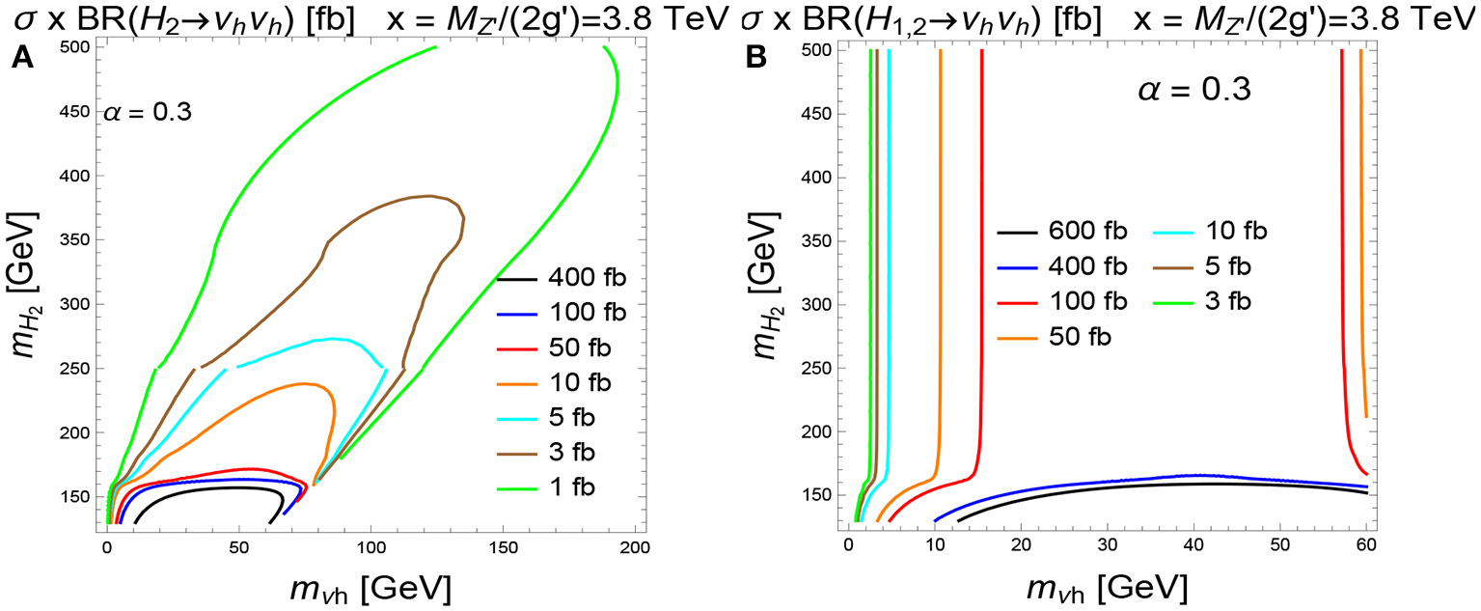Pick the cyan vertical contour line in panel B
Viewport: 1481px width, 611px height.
click(889, 290)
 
